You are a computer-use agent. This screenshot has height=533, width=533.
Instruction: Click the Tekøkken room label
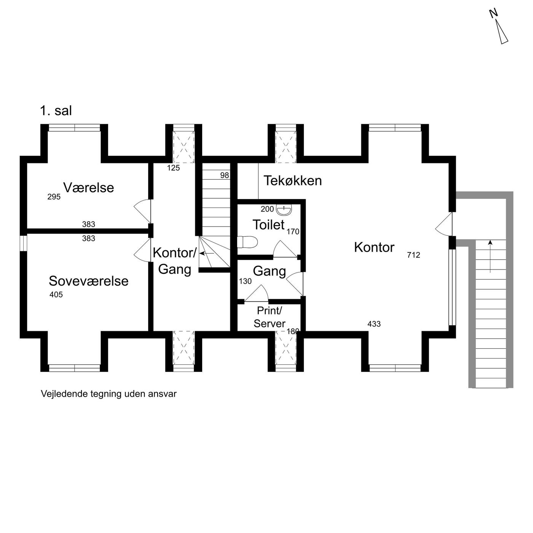pos(293,181)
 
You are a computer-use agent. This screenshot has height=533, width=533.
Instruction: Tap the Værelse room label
pos(88,188)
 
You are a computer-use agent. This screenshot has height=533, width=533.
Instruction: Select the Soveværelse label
pos(88,281)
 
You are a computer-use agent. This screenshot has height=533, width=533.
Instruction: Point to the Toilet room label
pos(268,225)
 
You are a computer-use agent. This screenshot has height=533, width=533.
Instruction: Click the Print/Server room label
pos(270,317)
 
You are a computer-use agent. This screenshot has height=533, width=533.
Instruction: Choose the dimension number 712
pos(413,255)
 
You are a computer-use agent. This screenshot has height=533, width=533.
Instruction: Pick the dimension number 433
pos(374,324)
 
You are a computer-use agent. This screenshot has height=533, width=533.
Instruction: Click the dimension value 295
pos(54,197)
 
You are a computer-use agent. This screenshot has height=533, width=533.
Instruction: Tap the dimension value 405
pos(56,295)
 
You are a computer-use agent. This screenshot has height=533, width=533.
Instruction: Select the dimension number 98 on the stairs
pos(225,176)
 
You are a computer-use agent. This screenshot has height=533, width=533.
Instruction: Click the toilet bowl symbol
pos(247,242)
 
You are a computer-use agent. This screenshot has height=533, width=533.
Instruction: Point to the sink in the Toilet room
pos(284,211)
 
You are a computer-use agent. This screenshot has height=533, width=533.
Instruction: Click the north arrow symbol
pos(502,32)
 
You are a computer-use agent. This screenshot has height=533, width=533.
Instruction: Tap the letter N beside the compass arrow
pos(493,14)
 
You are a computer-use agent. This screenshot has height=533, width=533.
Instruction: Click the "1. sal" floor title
pos(56,111)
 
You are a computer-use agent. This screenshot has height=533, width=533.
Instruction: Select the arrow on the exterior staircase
pos(490,256)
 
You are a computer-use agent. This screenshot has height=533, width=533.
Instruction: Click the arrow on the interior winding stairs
pos(207,253)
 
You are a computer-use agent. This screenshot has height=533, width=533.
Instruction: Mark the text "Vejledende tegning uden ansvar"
pos(109,394)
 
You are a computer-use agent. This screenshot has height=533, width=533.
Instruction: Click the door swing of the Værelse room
pos(142,211)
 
